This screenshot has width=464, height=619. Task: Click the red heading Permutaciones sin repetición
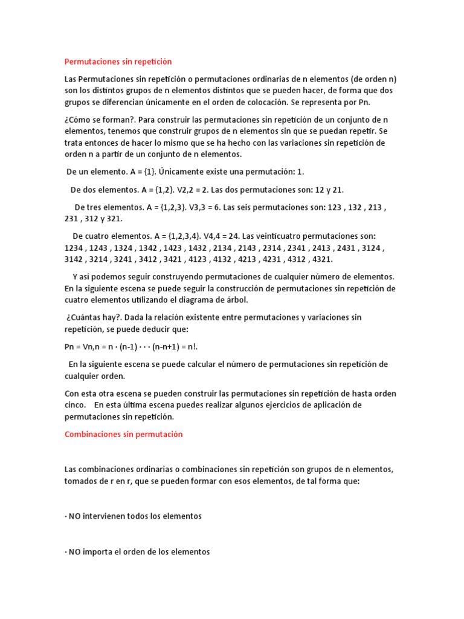[x=118, y=62]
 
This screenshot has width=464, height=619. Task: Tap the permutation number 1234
[x=75, y=248]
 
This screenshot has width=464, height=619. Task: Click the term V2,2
[x=190, y=189]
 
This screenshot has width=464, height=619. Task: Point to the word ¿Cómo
[x=79, y=120]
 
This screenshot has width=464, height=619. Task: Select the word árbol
[x=234, y=300]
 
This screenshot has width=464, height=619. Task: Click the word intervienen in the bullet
[x=109, y=516]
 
